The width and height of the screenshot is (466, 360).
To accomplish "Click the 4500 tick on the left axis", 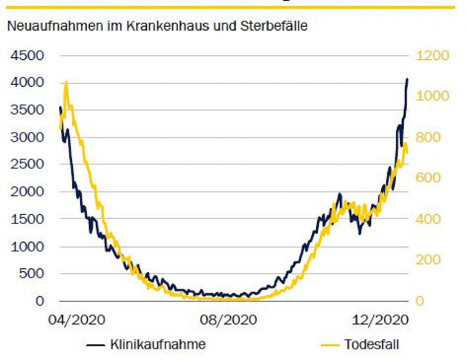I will coord(29,55).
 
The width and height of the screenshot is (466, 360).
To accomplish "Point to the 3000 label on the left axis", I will coord(29,137).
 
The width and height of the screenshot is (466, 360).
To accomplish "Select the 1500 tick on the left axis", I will coord(29,219).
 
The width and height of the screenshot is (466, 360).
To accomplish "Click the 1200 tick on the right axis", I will coord(433,55).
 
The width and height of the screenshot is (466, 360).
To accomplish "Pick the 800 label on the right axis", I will coord(429,137).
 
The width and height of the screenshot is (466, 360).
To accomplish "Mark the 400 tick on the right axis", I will coord(429,219).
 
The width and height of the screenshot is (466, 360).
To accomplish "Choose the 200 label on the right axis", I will coord(429,260).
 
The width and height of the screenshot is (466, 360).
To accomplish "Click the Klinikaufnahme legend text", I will coord(158,345).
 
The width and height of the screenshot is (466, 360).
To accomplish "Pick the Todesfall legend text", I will coord(371,345).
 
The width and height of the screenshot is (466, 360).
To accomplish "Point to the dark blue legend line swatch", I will coord(96,345).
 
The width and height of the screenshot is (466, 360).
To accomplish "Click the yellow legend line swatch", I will coord(330,345).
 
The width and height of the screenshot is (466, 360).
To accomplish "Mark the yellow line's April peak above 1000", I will coord(66,83).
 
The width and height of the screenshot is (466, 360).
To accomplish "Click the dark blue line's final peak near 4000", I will coord(407,79).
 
